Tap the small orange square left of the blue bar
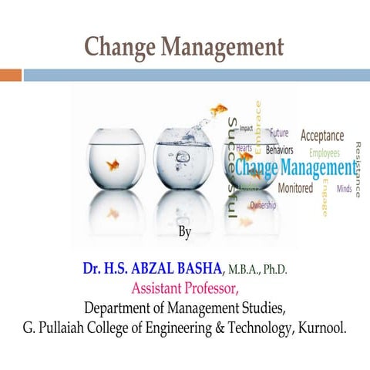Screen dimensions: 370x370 pos(10,75)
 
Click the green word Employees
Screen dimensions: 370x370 pos(325,153)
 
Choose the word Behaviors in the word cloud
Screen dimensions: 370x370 pos(273,147)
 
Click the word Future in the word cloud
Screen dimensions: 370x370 pos(279,133)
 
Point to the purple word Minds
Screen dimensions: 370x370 pos(344,188)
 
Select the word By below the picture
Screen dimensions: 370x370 pos(185,231)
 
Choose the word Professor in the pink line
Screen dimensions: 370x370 pos(211,289)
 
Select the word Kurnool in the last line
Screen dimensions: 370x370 pos(323,328)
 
